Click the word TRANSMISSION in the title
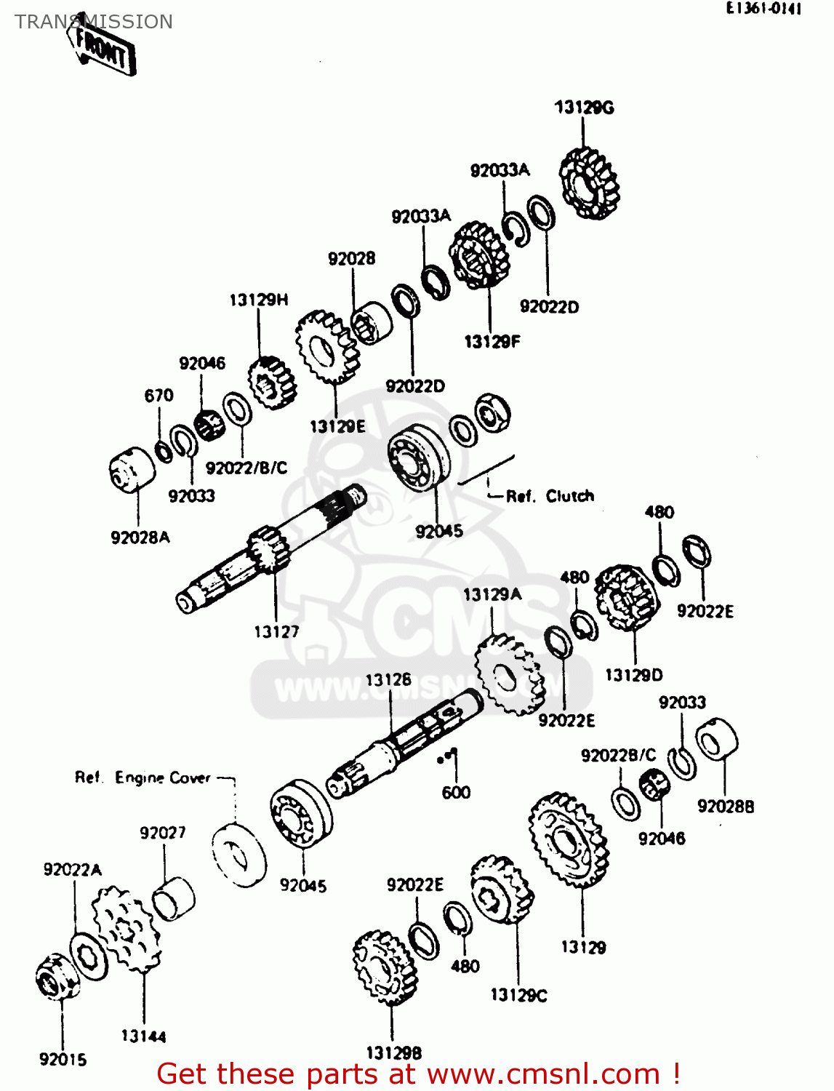coord(94,22)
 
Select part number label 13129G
coord(584,108)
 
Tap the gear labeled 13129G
coord(589,183)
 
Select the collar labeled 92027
coord(174,899)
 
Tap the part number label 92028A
coord(140,537)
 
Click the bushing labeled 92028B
coord(717,739)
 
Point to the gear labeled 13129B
coord(385,967)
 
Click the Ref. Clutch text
coord(550,496)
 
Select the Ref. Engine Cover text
coord(143,778)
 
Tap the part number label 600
coord(456,792)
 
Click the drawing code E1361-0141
coord(763,9)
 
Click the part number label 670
coord(159,396)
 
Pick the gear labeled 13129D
coord(627,599)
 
